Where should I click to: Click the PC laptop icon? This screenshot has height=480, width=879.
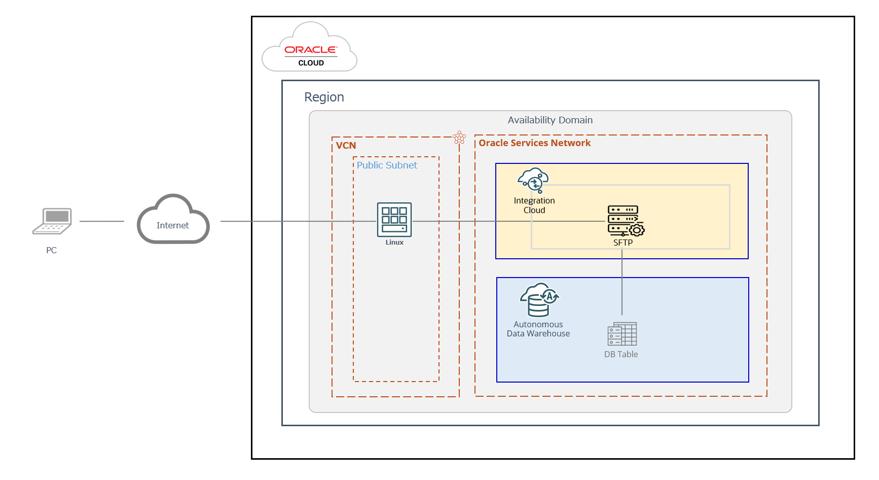[x=52, y=221]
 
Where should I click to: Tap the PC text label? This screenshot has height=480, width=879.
[x=51, y=250]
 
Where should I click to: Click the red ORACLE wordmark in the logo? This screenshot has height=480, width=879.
[x=310, y=50]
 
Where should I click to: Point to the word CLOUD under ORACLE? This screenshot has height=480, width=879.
[x=311, y=63]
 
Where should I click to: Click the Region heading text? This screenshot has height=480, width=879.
[x=324, y=97]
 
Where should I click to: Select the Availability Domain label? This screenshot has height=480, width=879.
[x=550, y=120]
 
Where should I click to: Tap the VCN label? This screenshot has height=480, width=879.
[x=346, y=146]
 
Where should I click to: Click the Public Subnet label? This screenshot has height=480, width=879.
[x=387, y=165]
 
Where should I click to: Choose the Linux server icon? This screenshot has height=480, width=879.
[x=394, y=220]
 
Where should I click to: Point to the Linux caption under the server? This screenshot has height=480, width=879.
[x=394, y=243]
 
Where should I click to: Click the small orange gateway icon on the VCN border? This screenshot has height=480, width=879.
[x=459, y=137]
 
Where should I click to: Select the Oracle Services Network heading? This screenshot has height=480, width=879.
[x=534, y=143]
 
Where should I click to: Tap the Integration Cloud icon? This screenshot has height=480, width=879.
[x=533, y=180]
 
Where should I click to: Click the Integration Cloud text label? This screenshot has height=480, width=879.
[x=534, y=205]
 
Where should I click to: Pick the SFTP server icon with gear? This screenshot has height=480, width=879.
[x=625, y=221]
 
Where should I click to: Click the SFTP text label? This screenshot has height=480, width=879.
[x=623, y=243]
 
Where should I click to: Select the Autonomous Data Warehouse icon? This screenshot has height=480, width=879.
[x=539, y=300]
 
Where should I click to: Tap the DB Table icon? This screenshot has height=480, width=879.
[x=622, y=334]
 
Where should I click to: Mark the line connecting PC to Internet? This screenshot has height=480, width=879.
[x=101, y=221]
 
